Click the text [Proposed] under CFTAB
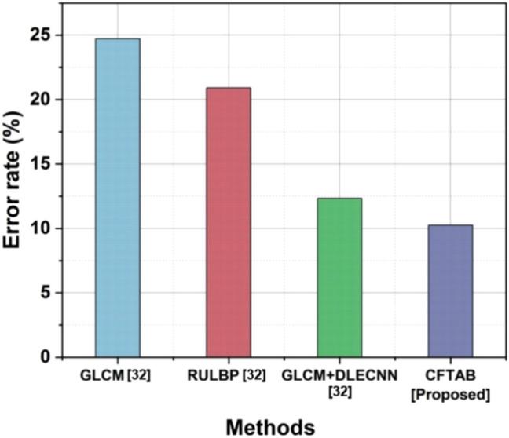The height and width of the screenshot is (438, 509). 450,393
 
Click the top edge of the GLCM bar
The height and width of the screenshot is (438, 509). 118,38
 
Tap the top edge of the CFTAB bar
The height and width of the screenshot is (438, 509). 450,225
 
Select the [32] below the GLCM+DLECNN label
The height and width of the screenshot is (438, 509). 339,393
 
